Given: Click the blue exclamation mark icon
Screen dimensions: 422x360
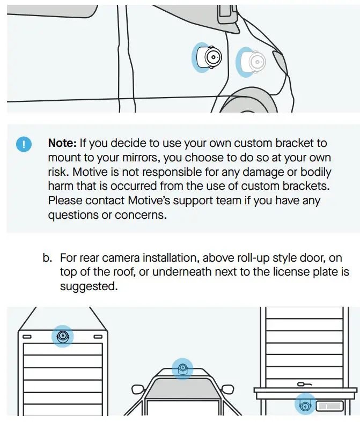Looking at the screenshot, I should coord(24,145).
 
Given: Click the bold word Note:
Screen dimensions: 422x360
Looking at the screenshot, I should coord(63,144).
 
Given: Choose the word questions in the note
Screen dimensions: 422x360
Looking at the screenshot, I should coord(70,215).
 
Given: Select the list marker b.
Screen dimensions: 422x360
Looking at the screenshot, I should coord(47,258).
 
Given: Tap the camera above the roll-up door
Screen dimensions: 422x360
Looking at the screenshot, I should coord(63,337).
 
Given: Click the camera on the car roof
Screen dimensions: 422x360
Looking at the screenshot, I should coord(182,369).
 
